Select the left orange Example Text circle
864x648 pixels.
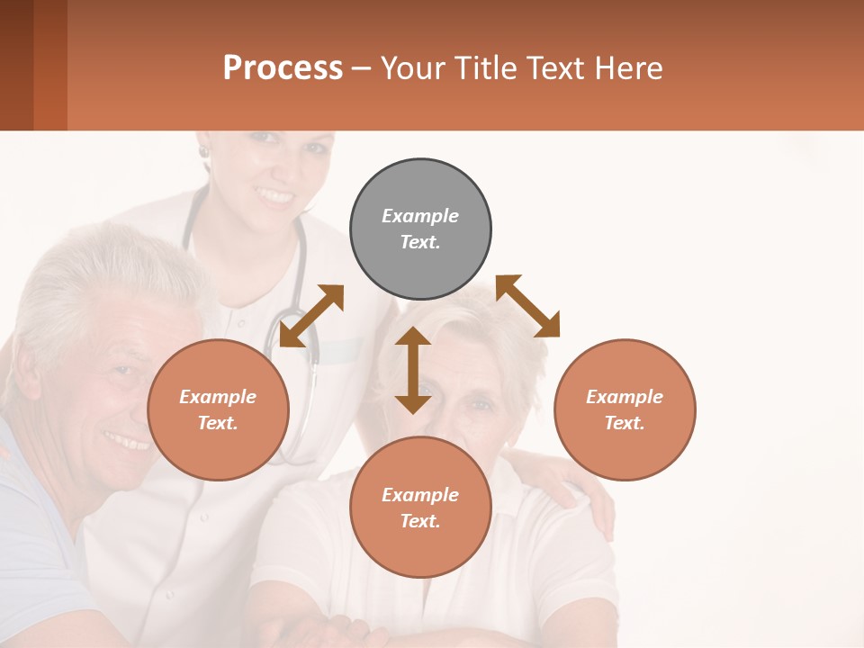click(218, 409)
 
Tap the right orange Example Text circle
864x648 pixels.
click(625, 409)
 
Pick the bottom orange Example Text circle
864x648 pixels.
click(420, 508)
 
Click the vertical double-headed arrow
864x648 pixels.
click(413, 370)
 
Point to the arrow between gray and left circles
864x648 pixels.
click(311, 316)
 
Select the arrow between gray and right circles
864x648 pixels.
click(527, 306)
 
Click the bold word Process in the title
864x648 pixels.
click(283, 67)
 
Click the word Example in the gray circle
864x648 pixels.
click(420, 216)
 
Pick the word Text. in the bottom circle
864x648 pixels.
click(420, 521)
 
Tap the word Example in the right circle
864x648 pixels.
click(625, 397)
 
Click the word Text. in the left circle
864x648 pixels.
click(218, 423)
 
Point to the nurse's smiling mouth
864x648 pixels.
click(274, 195)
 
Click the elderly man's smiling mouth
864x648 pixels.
click(125, 441)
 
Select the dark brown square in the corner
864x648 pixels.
click(16, 65)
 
